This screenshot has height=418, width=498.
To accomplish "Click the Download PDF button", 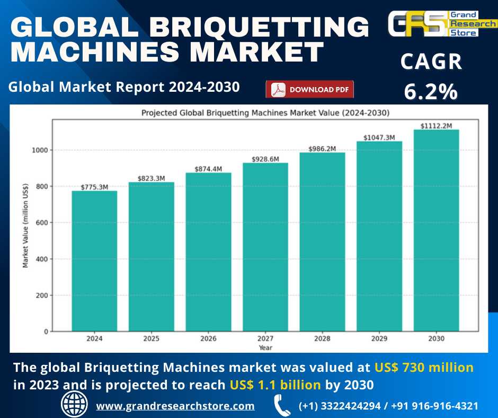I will pos(309,90).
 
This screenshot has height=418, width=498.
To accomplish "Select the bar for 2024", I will pos(94,261).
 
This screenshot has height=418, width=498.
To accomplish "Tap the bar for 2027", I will pos(265,247).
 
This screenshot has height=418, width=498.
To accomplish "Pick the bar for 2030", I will pos(436,230).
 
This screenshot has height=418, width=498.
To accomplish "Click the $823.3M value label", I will pos(152,178).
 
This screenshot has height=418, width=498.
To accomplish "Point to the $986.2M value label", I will pos(322,149).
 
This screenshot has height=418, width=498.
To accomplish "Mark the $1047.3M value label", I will pos(379,137).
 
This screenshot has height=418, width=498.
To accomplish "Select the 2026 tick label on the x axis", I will pos(208,338).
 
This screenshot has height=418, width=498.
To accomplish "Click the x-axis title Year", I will pos(265,347).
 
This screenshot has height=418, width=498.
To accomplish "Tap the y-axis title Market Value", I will pos(25,225).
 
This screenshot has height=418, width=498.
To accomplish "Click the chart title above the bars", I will pos(265,112).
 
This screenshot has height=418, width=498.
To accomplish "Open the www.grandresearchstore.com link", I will pos(175,406).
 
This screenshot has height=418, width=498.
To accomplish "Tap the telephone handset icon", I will pos(281,406).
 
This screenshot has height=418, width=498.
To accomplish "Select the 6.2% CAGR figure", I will pos(431,92).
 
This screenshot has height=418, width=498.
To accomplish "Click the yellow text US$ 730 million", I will pos(424,367).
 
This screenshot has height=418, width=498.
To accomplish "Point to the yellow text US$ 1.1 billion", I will pos(275,385).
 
